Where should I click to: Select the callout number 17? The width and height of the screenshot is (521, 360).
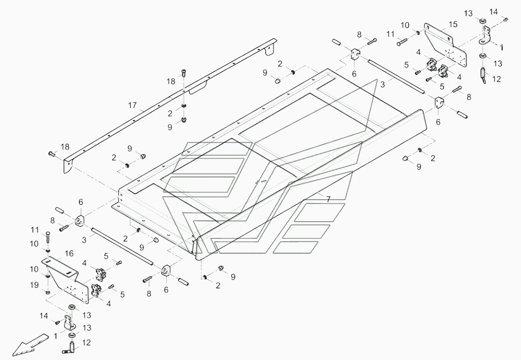(132, 105)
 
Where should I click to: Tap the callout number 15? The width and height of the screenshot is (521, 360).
(452, 24)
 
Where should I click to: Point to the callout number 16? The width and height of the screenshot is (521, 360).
(69, 253)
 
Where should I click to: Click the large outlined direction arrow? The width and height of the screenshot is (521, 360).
(30, 344)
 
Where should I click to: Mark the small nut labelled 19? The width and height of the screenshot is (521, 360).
(48, 293)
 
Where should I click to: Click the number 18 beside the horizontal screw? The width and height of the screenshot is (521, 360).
(65, 147)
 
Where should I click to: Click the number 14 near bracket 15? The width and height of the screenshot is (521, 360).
(493, 11)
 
